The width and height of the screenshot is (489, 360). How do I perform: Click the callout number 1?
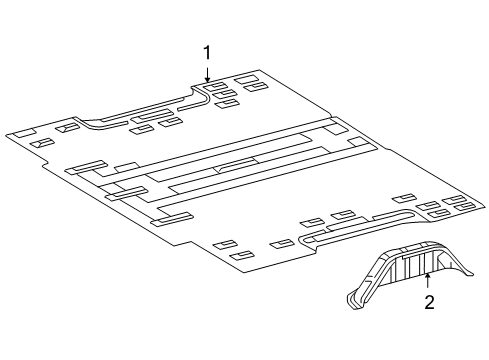click(207, 51)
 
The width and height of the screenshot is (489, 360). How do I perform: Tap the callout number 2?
click(429, 303)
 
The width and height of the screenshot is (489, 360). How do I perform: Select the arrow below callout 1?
click(207, 72)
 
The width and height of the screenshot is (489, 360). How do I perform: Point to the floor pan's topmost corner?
click(259, 69)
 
